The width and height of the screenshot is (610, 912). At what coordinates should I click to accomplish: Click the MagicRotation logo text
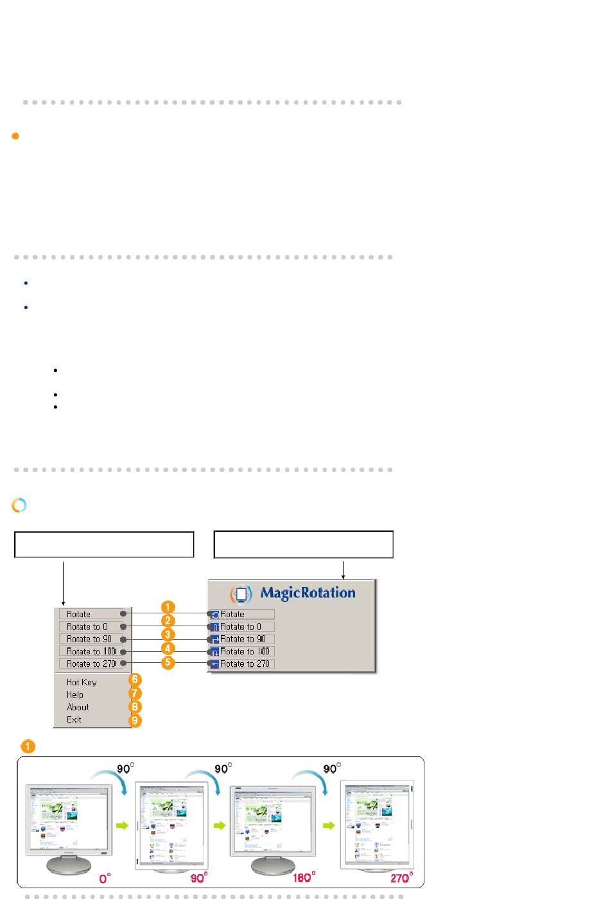(307, 593)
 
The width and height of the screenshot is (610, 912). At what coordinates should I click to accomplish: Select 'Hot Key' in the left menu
(82, 682)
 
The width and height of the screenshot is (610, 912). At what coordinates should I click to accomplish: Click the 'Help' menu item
(75, 694)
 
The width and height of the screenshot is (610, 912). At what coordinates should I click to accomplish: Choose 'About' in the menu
(78, 707)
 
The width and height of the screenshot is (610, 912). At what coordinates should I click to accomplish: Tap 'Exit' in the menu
(74, 719)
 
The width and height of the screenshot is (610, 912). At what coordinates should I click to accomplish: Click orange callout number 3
(168, 634)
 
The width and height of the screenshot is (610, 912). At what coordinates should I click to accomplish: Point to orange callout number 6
(135, 680)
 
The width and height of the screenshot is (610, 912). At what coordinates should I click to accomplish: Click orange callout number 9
(135, 721)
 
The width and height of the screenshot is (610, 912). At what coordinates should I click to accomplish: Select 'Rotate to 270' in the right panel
(244, 664)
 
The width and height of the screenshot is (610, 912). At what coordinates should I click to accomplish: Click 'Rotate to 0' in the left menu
(87, 627)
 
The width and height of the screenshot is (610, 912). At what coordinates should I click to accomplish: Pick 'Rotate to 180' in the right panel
(244, 651)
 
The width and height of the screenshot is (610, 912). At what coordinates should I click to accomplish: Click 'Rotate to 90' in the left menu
(89, 639)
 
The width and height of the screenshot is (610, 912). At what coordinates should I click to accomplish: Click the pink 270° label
(401, 877)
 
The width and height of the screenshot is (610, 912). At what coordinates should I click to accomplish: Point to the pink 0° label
(105, 878)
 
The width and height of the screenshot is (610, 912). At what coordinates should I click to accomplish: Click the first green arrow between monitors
(121, 825)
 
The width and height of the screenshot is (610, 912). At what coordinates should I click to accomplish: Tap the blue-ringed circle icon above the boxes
(19, 505)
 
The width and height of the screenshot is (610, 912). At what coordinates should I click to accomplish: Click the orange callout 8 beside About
(135, 707)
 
